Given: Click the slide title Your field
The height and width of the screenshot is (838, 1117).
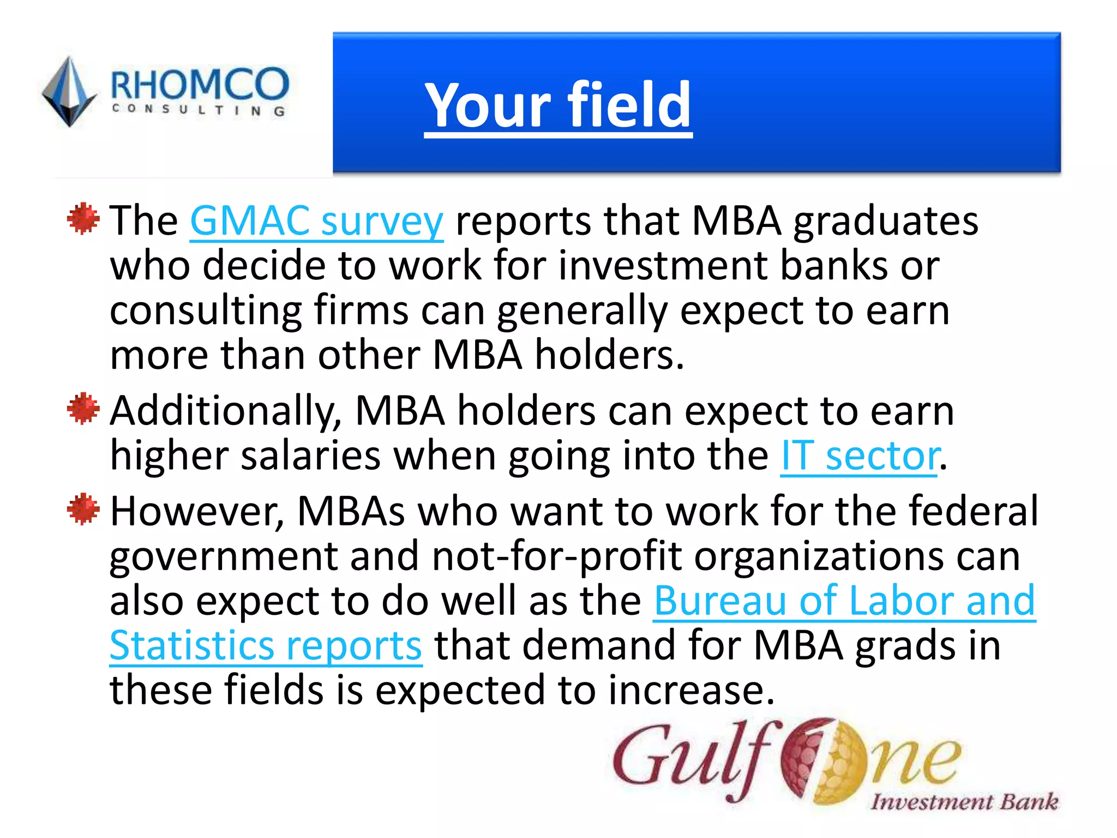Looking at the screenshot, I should click(558, 105).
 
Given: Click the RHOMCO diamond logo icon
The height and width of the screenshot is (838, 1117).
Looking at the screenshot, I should click(69, 92).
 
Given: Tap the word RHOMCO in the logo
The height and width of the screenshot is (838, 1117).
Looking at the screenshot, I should click(199, 84).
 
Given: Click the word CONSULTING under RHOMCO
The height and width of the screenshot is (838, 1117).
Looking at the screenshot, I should click(199, 110).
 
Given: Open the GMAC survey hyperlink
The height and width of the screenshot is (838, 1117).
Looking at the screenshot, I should click(316, 222).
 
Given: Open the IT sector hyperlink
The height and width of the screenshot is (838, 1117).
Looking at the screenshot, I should click(860, 456).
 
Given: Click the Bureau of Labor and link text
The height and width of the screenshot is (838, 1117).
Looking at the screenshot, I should click(844, 601).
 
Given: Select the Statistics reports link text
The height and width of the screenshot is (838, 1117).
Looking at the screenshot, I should click(266, 646).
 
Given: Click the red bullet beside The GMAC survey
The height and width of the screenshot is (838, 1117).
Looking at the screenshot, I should click(83, 219).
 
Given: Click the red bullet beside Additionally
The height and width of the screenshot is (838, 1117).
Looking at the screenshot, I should click(83, 409).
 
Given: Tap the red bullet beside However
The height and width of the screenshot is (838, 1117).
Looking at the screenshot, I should click(83, 510).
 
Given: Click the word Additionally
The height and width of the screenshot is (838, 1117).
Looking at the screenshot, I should click(226, 411).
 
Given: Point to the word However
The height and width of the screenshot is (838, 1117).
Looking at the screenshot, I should click(196, 512).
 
